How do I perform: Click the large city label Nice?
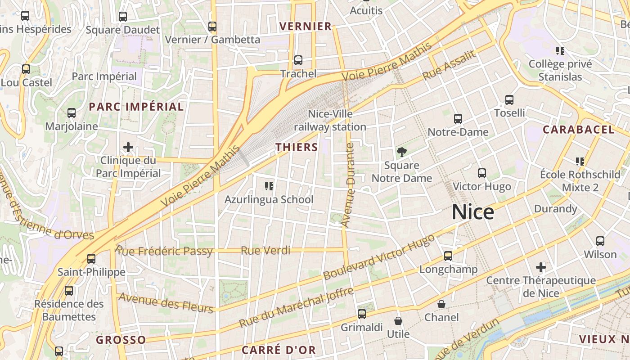(472, 212)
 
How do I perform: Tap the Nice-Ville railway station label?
(330, 121)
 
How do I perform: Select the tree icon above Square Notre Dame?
(401, 152)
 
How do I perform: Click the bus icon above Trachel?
(298, 60)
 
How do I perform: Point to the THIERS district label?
(297, 147)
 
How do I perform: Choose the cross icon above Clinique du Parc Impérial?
(128, 147)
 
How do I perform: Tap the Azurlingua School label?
(269, 199)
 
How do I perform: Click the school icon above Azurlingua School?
(269, 186)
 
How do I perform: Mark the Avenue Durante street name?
(348, 184)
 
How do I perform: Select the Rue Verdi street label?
(265, 251)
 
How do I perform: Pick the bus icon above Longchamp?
(448, 256)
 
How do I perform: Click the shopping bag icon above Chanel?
(441, 304)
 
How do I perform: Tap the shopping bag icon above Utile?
(398, 321)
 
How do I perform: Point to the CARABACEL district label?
(578, 130)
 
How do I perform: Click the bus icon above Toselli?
(509, 100)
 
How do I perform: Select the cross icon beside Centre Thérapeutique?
(541, 268)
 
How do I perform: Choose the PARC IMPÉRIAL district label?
(136, 107)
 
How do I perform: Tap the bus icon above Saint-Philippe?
(91, 259)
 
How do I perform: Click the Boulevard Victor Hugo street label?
(379, 256)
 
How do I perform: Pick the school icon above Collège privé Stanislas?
(560, 51)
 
